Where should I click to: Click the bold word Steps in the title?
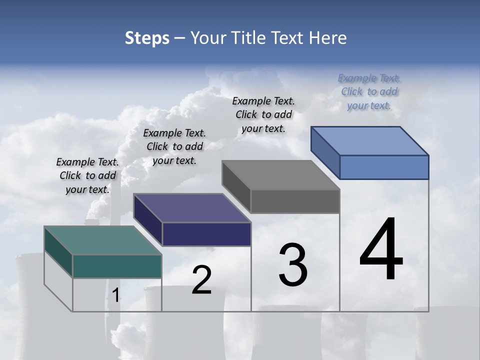point(147,38)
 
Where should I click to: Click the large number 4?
point(381,250)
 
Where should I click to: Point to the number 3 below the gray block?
point(293,265)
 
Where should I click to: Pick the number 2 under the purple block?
point(201,280)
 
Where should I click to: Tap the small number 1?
point(115,295)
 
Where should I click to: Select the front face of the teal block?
point(117,266)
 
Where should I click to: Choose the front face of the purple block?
point(206,234)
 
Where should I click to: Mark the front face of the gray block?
point(295,201)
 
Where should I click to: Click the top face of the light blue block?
point(369,141)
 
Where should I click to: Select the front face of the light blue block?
point(384,167)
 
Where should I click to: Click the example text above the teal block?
point(87,175)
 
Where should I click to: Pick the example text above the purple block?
point(174,146)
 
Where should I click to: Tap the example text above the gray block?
point(263,114)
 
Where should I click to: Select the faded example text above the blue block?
point(369,91)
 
